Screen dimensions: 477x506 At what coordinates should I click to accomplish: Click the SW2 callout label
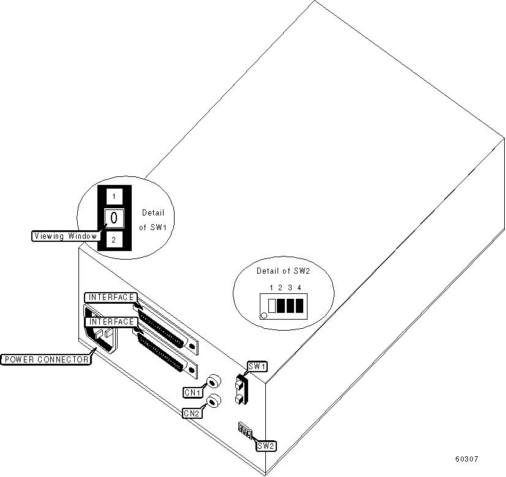coord(265,446)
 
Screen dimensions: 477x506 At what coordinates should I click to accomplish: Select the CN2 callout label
coord(192,413)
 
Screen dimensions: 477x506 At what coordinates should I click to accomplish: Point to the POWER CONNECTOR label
coord(46,359)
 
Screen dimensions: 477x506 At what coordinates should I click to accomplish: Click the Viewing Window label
coord(64,235)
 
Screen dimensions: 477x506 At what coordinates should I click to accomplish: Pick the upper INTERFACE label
coord(111,297)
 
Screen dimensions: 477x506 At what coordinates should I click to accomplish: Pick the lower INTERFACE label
coord(111,321)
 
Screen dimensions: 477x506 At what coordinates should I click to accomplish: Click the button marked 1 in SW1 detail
coord(114,196)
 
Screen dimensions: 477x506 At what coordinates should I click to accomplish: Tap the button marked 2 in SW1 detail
coord(114,240)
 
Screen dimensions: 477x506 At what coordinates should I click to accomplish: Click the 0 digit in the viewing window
coord(114,217)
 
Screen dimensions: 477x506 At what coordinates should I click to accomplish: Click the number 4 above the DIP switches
coord(299,288)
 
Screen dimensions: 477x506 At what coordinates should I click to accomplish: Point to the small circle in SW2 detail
coord(263,316)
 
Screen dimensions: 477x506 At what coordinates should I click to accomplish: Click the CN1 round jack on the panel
coord(213,381)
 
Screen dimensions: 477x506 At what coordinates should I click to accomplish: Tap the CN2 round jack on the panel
coord(213,402)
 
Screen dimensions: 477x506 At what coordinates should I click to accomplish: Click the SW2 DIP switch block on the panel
coord(244,430)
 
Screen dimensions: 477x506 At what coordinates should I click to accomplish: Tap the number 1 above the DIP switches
coord(272,288)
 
